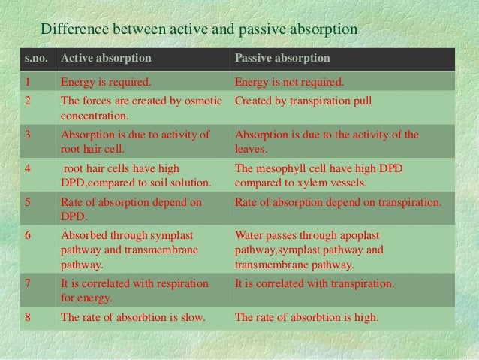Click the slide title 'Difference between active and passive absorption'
click(199, 30)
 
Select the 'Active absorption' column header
click(105, 59)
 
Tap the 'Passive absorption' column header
click(282, 59)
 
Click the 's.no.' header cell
click(32, 59)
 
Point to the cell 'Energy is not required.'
click(289, 82)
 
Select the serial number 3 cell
click(27, 135)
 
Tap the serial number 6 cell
click(27, 234)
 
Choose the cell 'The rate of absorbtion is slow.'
click(132, 316)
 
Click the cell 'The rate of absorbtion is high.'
click(307, 316)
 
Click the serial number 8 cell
click(27, 316)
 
